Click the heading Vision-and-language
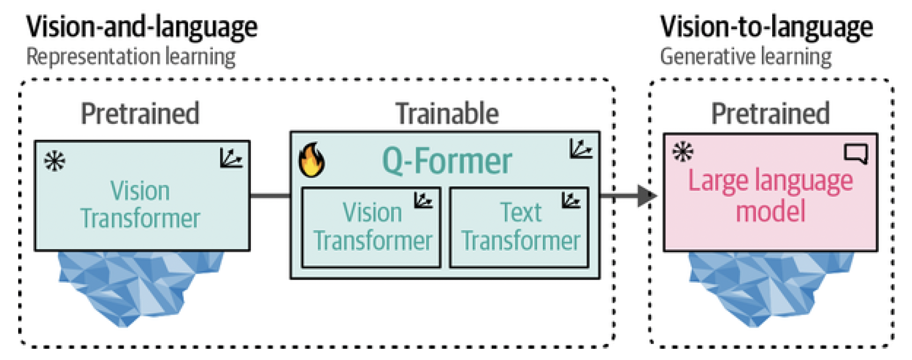click(x=141, y=27)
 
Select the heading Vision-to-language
click(x=766, y=27)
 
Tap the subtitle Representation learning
click(x=131, y=57)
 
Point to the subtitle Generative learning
click(x=745, y=57)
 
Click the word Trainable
click(x=447, y=114)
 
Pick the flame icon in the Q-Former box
click(x=311, y=160)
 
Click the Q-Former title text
click(x=447, y=161)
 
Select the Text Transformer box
click(x=519, y=227)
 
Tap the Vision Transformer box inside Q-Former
click(x=371, y=227)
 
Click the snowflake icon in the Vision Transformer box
click(x=55, y=161)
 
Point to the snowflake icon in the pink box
click(x=683, y=152)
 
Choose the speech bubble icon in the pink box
click(x=855, y=153)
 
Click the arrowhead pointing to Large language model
click(x=647, y=196)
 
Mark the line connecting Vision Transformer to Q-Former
click(x=270, y=196)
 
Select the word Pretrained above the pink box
click(x=770, y=114)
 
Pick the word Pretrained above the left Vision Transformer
click(x=140, y=114)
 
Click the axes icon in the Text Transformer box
click(x=571, y=201)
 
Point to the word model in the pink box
click(x=770, y=211)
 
